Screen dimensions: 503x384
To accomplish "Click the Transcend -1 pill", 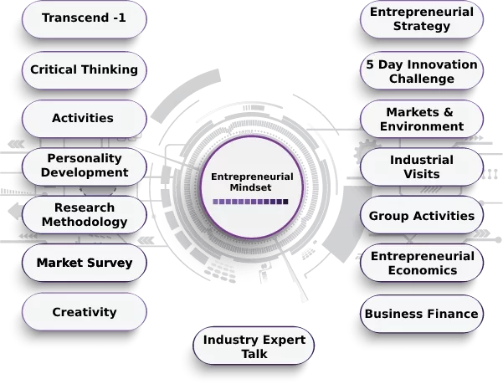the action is click(85, 19).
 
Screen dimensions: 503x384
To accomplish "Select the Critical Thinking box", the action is click(85, 70).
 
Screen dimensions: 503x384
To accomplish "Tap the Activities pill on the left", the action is click(85, 119).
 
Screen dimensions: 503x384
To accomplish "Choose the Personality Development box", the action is click(85, 166).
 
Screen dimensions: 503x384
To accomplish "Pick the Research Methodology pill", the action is click(85, 215).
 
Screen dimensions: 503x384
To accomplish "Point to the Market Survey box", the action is click(85, 263).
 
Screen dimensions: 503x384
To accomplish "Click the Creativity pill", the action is click(85, 311).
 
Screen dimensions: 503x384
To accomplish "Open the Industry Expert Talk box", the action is click(254, 346).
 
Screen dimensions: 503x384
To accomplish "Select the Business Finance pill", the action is click(422, 314).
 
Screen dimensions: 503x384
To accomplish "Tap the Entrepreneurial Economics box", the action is click(422, 263).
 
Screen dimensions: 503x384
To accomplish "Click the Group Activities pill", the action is click(422, 215).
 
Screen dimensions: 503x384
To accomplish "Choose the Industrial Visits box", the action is click(422, 166).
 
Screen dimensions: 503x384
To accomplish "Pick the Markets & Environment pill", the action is click(422, 119).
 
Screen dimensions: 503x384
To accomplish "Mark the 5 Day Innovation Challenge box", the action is click(422, 70).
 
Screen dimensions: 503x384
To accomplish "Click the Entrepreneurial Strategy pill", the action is click(422, 19).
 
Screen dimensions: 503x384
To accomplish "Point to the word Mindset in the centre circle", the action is click(250, 187).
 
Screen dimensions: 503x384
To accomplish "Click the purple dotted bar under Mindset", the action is click(250, 202).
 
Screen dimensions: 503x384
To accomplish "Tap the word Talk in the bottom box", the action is click(254, 354).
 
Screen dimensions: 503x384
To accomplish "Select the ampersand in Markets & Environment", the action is click(449, 112).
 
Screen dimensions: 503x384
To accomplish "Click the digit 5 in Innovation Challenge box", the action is click(370, 64).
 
